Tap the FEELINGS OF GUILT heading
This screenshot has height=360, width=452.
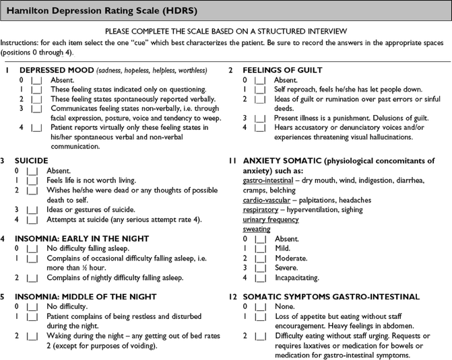click(282, 70)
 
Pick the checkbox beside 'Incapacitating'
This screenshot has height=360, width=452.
click(260, 277)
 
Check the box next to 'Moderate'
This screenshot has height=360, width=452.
click(260, 258)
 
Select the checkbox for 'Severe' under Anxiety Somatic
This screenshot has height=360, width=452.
click(260, 268)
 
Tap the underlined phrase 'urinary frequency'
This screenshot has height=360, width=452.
click(271, 219)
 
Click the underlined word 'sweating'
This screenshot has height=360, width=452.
click(257, 229)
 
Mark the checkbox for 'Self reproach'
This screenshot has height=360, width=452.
click(260, 89)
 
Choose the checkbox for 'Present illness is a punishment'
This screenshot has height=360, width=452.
click(260, 118)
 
